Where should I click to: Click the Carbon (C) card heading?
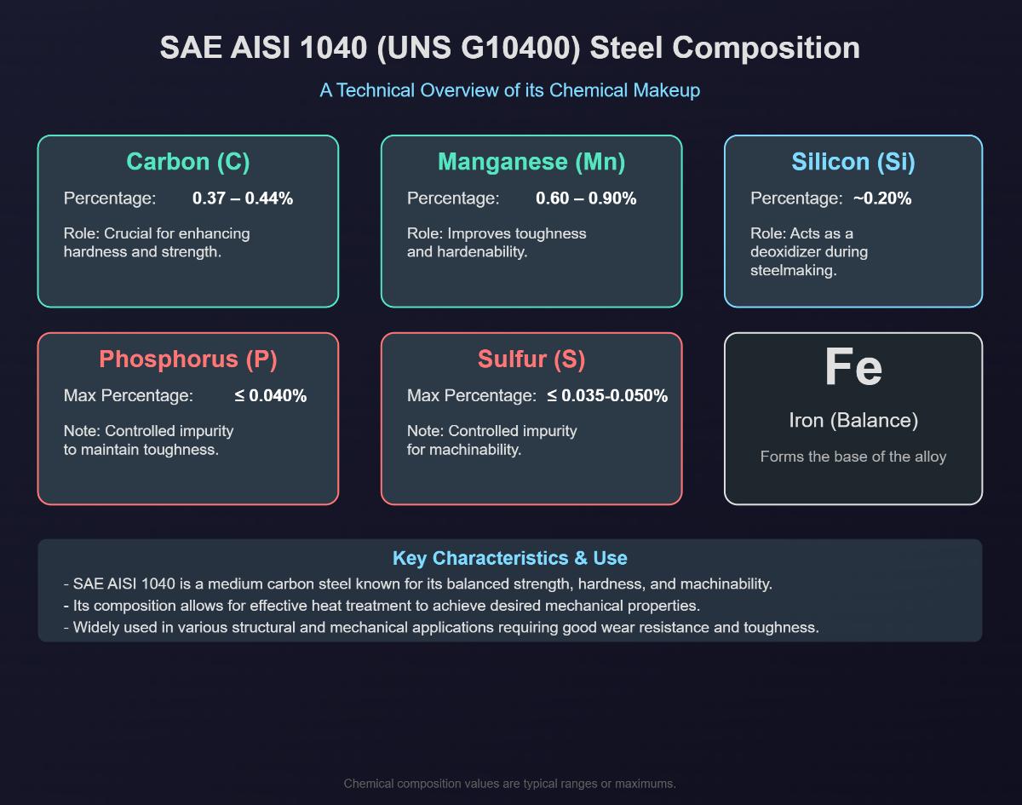[x=187, y=162]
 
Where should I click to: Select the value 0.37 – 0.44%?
[x=243, y=198]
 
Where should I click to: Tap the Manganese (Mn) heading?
[x=531, y=162]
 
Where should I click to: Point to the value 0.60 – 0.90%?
[x=586, y=198]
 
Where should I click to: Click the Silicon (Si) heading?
[x=853, y=162]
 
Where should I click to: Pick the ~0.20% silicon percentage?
[x=882, y=198]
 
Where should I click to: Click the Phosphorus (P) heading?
[x=187, y=359]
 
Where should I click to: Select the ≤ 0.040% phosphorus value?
[x=271, y=396]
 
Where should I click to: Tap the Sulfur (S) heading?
[x=531, y=359]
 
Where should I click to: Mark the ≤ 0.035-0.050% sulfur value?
[x=607, y=396]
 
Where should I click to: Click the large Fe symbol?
[x=853, y=367]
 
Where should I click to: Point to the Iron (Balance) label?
[x=853, y=421]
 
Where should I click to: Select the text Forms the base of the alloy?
[x=853, y=457]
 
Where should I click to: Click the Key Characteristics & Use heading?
[x=509, y=559]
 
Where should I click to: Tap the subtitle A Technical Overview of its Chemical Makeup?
[x=509, y=90]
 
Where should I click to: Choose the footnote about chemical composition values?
[x=509, y=784]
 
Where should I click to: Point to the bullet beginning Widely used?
[x=441, y=628]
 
